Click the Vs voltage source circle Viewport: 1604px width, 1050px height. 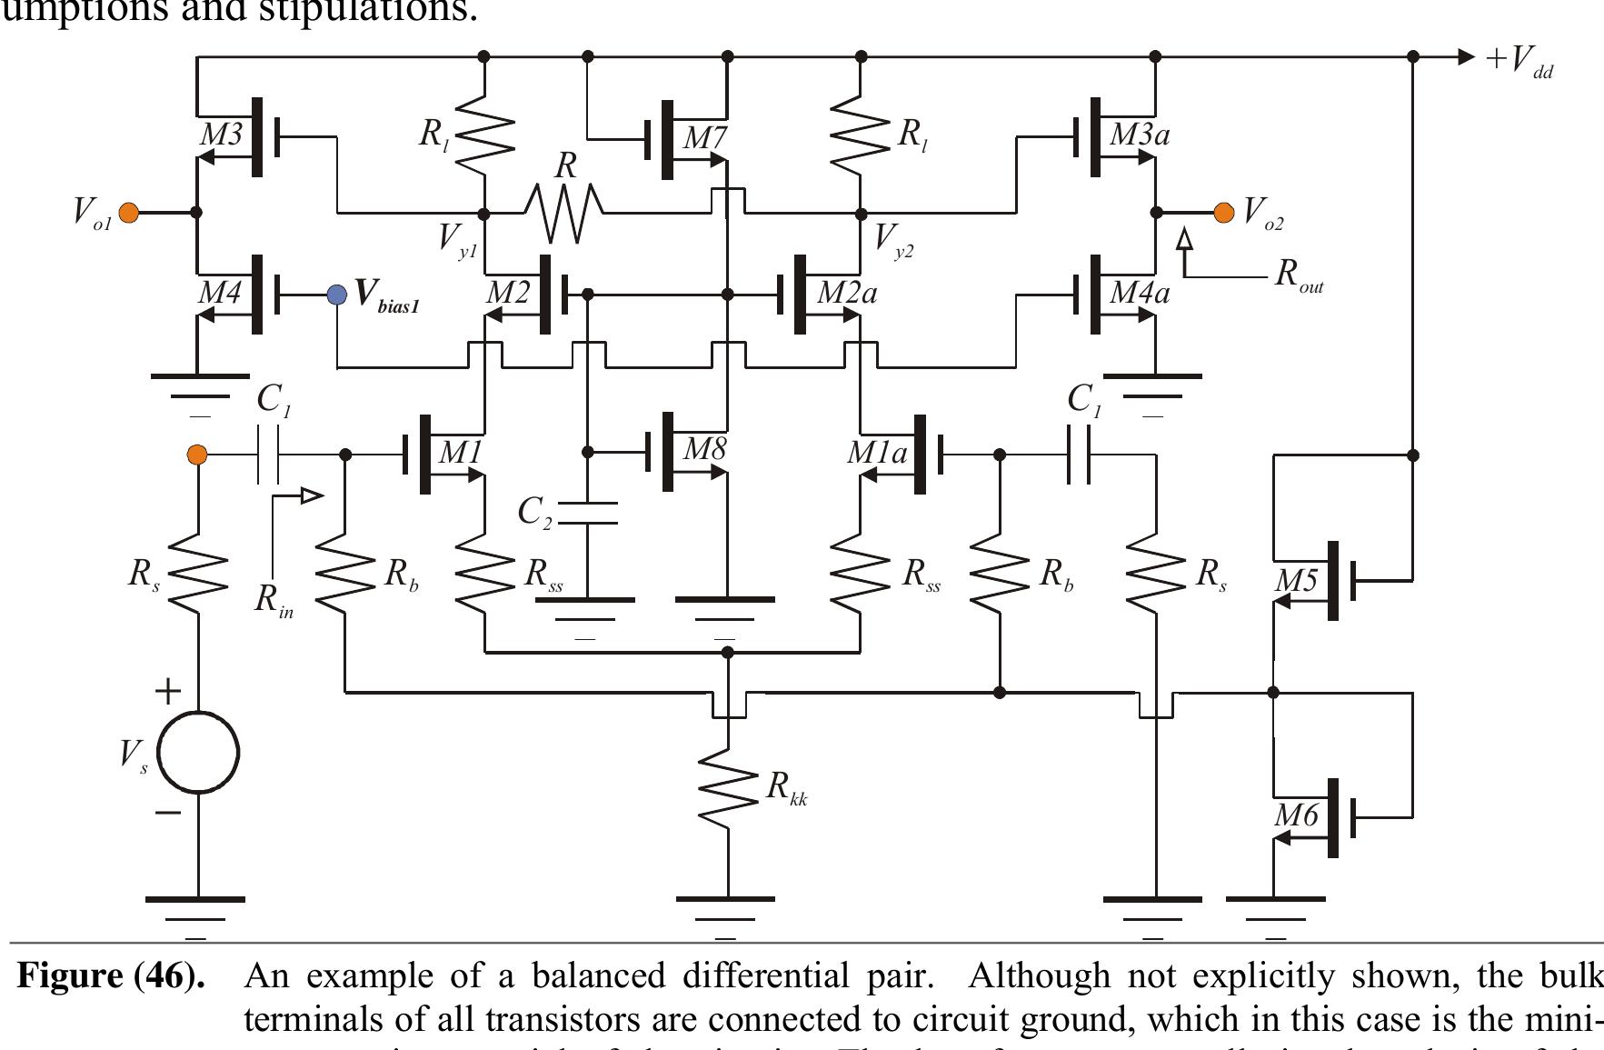pyautogui.click(x=198, y=753)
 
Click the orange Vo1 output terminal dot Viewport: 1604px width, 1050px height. pyautogui.click(x=129, y=213)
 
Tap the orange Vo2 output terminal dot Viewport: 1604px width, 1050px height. pyautogui.click(x=1224, y=213)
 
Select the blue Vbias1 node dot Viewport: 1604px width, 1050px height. pyautogui.click(x=337, y=295)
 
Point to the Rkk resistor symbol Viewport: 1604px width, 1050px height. pyautogui.click(x=727, y=787)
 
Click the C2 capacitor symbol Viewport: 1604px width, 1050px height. pyautogui.click(x=587, y=513)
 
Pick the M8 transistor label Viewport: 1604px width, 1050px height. pyautogui.click(x=704, y=449)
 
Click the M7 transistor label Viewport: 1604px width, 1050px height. pyautogui.click(x=704, y=138)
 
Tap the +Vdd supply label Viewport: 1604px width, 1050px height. pyautogui.click(x=1519, y=60)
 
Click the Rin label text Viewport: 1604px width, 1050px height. pyautogui.click(x=274, y=599)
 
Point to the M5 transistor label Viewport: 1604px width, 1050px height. pyautogui.click(x=1296, y=580)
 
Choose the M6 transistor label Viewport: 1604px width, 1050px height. pyautogui.click(x=1296, y=815)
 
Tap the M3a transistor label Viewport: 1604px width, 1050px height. pyautogui.click(x=1140, y=135)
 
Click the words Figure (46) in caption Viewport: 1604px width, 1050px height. pyautogui.click(x=111, y=976)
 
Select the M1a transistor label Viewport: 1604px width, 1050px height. pyautogui.click(x=876, y=453)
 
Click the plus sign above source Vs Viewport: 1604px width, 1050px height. pyautogui.click(x=168, y=692)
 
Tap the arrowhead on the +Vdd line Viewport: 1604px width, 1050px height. pyautogui.click(x=1465, y=56)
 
